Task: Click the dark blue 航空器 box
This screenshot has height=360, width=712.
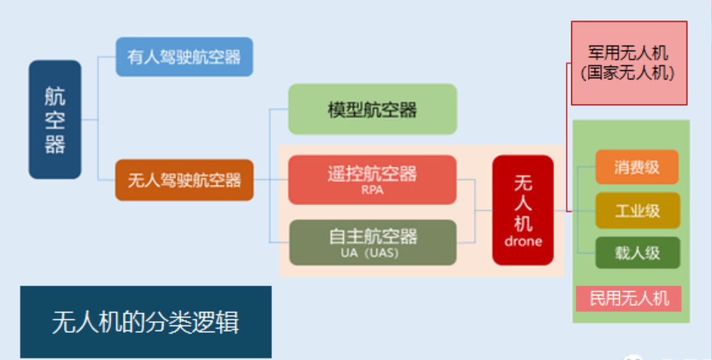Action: click(x=55, y=119)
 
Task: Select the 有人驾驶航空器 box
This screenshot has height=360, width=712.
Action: click(x=184, y=57)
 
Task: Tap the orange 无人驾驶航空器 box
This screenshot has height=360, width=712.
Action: click(x=184, y=180)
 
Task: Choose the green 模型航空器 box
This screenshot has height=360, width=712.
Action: click(x=372, y=109)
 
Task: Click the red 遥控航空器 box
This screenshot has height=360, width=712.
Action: click(x=372, y=180)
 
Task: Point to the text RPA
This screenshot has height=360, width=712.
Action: click(x=372, y=190)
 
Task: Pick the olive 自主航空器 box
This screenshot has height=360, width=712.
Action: click(x=373, y=243)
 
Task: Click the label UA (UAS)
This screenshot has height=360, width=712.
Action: click(x=370, y=253)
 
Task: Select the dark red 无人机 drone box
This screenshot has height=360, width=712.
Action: click(x=523, y=210)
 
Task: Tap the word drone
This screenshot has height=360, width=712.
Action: click(x=523, y=241)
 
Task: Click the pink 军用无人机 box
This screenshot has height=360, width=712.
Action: click(x=629, y=63)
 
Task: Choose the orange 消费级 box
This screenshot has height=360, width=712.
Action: click(x=636, y=167)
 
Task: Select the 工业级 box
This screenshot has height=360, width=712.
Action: click(x=638, y=211)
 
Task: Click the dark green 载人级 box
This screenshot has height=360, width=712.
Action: click(x=638, y=253)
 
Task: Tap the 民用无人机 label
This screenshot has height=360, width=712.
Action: click(x=629, y=299)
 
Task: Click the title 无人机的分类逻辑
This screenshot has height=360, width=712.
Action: click(x=146, y=323)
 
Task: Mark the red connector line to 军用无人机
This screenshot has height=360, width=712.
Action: click(x=567, y=137)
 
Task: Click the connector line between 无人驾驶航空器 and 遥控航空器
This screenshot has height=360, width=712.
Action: click(x=271, y=180)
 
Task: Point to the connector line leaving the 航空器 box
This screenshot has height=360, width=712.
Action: click(x=90, y=120)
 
